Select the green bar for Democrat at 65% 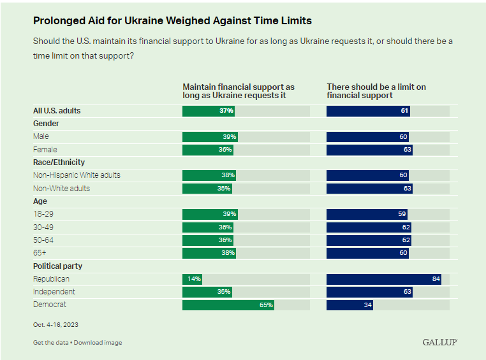228,305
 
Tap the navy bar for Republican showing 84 383,279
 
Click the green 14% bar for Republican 193,279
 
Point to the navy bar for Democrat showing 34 350,305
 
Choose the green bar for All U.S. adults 209,111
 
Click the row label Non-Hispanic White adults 77,175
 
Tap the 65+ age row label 40,253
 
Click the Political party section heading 57,266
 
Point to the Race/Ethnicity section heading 59,162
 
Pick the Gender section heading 45,124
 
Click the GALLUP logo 439,342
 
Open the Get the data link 51,343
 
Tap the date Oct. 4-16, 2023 57,324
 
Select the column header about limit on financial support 376,91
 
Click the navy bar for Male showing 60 367,136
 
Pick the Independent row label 54,292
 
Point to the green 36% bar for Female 207,150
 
